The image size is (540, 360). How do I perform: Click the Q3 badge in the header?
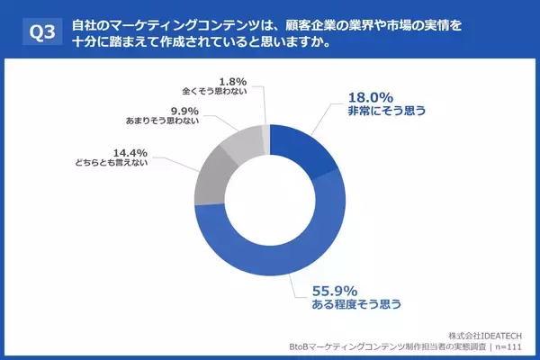[41, 33]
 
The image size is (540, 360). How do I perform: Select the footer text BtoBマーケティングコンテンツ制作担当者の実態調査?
[389, 347]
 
